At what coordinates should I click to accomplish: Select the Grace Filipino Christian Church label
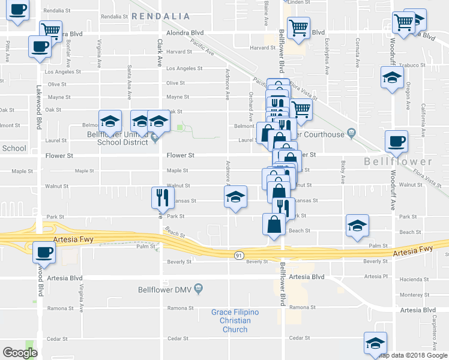tap(235, 320)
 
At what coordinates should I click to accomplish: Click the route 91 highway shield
tap(238, 255)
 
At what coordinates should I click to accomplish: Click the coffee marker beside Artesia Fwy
tap(43, 252)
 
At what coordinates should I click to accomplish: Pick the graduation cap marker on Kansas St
tap(236, 196)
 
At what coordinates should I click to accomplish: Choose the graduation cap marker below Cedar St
tap(375, 343)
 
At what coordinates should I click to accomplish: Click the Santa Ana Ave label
tap(129, 78)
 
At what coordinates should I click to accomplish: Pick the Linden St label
tap(298, 2)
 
